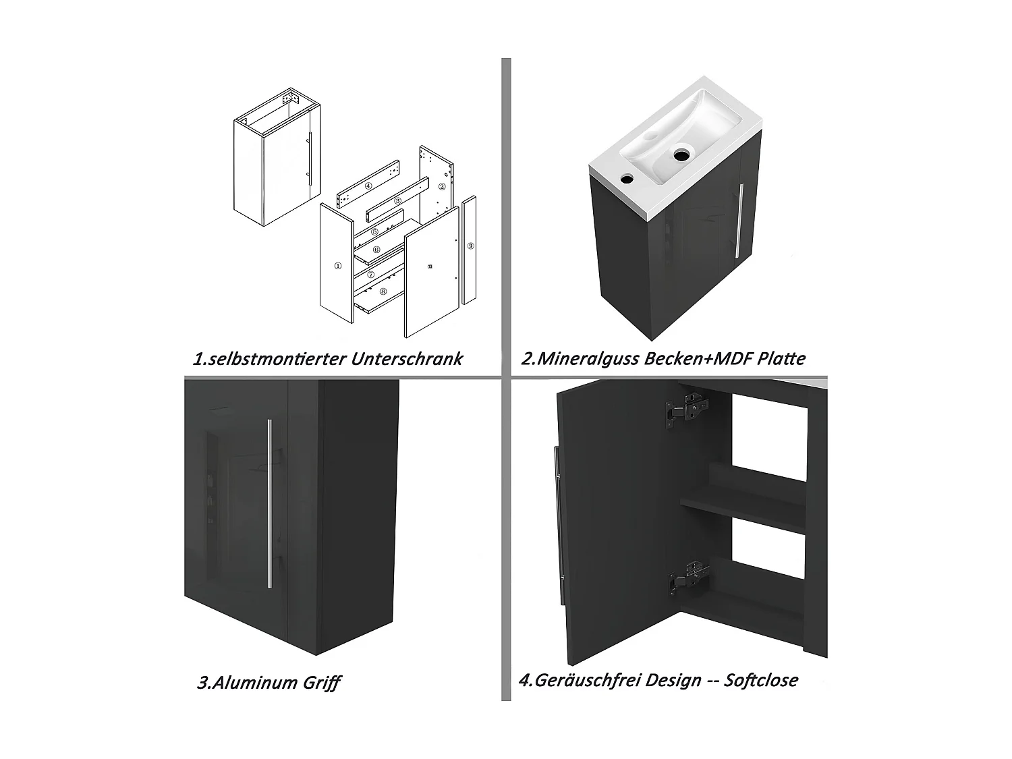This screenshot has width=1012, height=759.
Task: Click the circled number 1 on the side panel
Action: [x=337, y=266]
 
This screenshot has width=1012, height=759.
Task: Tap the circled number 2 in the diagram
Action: [x=442, y=186]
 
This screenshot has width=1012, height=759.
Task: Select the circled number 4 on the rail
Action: [x=368, y=186]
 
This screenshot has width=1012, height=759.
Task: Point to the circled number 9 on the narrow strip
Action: [x=470, y=246]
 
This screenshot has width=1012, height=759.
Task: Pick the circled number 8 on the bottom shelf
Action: [x=383, y=291]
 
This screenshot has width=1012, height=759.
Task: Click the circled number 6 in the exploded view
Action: [x=376, y=250]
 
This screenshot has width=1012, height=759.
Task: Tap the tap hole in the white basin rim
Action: [x=627, y=179]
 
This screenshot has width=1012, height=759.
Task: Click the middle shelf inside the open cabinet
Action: [x=743, y=507]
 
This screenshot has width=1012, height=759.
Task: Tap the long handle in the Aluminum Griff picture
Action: [x=269, y=502]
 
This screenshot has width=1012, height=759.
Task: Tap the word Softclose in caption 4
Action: [x=760, y=679]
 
